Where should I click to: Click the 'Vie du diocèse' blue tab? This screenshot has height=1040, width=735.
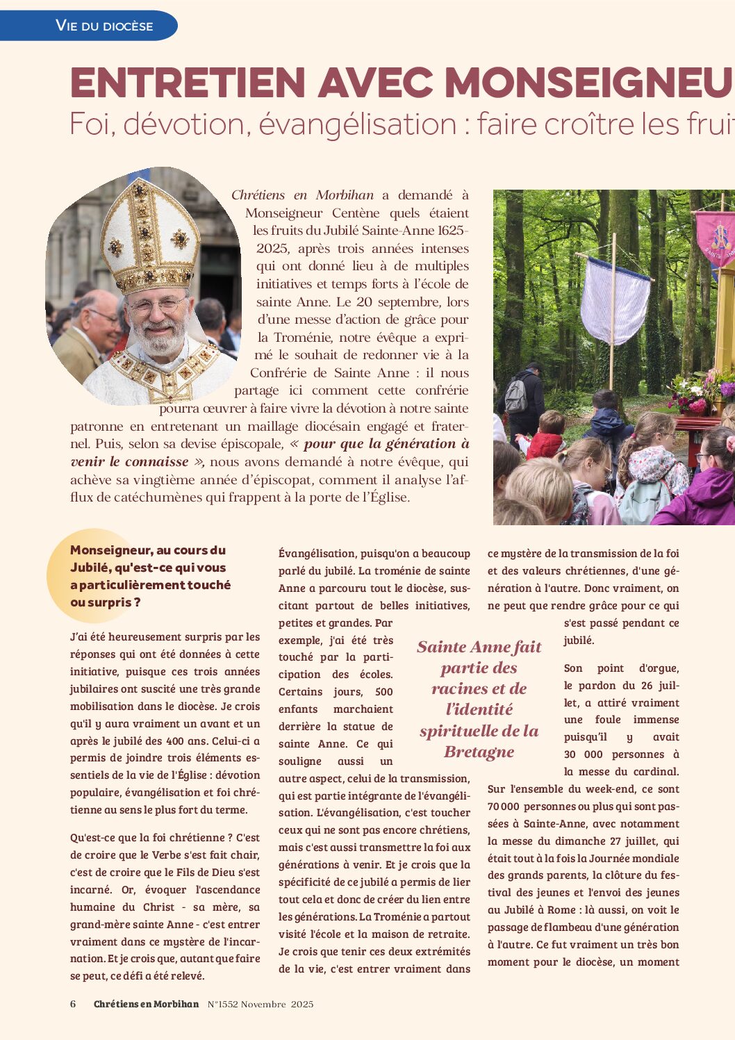104,26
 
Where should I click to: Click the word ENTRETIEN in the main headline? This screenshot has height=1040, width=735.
188,83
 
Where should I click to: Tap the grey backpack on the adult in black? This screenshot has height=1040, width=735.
515,396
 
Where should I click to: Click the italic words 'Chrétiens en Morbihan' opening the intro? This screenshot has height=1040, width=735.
302,195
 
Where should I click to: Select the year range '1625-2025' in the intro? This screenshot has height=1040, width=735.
361,240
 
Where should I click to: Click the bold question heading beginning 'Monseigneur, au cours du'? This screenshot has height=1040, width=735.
150,576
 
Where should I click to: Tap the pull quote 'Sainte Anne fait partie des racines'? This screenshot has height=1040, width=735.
479,698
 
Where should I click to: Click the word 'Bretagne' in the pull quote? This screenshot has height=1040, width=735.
479,752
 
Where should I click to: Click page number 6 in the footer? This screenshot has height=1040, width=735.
73,1004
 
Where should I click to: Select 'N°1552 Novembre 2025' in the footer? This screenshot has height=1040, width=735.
261,1004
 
